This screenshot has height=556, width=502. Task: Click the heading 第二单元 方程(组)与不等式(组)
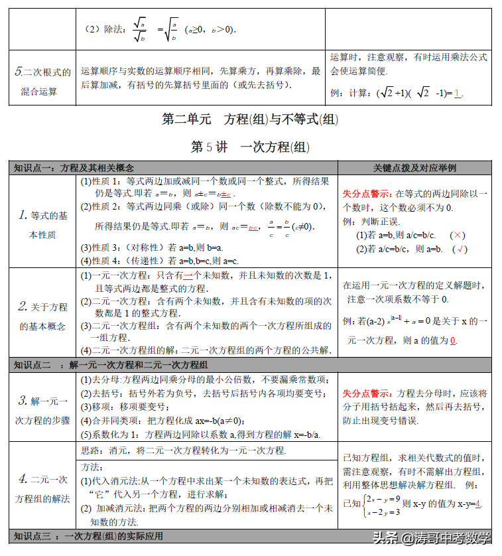tap(251, 119)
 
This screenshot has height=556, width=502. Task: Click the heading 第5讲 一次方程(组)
tap(251, 147)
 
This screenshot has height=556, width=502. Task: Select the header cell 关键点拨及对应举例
tap(414, 168)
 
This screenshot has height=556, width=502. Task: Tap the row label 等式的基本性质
tap(43, 225)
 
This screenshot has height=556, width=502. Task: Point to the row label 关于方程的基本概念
tap(43, 316)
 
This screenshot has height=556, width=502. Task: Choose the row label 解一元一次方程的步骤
tap(43, 410)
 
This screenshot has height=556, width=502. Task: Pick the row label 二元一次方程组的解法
tap(43, 488)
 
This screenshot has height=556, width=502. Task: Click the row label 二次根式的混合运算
tap(43, 82)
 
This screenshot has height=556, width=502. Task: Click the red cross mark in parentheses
tap(458, 236)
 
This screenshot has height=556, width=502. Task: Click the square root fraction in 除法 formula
tap(140, 30)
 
